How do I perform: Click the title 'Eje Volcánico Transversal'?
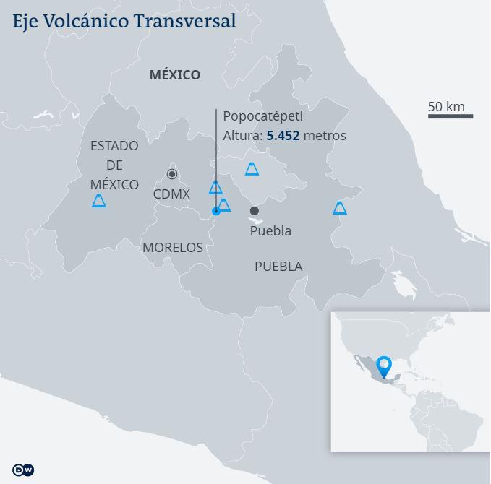pos(124,21)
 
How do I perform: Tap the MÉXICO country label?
pos(174,74)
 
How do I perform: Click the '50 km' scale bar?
pos(450,116)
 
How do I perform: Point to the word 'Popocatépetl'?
pos(262,116)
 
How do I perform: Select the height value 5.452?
pos(283,135)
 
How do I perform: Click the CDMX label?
pos(171,194)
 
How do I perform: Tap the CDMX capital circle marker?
pos(172,174)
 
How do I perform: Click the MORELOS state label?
pos(173,247)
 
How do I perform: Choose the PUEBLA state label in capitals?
pos(278,267)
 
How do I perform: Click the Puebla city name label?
pos(270,230)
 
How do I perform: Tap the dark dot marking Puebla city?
pos(254,211)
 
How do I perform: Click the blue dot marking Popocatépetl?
pos(215,211)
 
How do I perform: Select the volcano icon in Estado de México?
pos(99,201)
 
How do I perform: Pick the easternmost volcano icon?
pos(339,208)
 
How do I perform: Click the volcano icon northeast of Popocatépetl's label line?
pos(252,169)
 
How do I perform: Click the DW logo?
pos(24,470)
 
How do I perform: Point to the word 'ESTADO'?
pos(114,146)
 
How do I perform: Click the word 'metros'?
pos(325,135)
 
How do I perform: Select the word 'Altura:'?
pos(242,135)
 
